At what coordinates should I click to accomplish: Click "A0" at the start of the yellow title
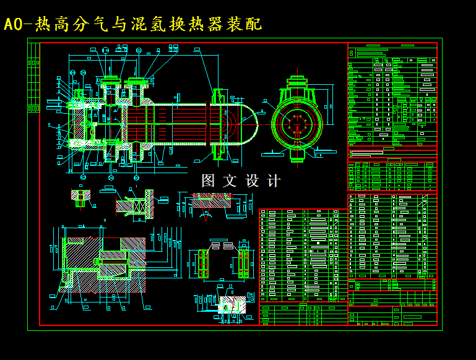[13, 24]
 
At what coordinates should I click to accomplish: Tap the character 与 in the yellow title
[119, 24]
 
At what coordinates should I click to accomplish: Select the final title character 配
[254, 24]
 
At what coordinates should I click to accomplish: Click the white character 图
[209, 181]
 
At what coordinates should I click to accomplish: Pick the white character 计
[274, 181]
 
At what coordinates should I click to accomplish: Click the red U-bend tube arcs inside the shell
[230, 123]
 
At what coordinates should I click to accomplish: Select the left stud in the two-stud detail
[202, 264]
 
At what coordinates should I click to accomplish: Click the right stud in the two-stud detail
[244, 264]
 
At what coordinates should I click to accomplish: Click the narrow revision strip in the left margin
[33, 77]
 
